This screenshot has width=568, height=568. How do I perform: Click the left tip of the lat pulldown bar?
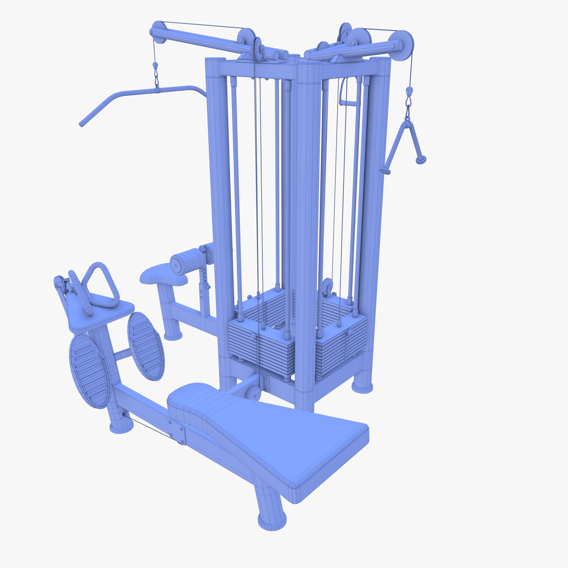point(82,124)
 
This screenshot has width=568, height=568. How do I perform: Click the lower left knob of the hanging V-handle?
point(385,170)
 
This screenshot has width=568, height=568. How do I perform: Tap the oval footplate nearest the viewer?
point(89,371)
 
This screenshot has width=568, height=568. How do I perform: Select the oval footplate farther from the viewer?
point(146,346)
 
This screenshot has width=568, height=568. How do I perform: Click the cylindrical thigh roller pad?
point(188,261)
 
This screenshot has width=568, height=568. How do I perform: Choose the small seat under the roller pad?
point(163,276)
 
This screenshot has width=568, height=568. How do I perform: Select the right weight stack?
point(342,337)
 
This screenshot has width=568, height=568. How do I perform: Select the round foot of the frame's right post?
point(362,387)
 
